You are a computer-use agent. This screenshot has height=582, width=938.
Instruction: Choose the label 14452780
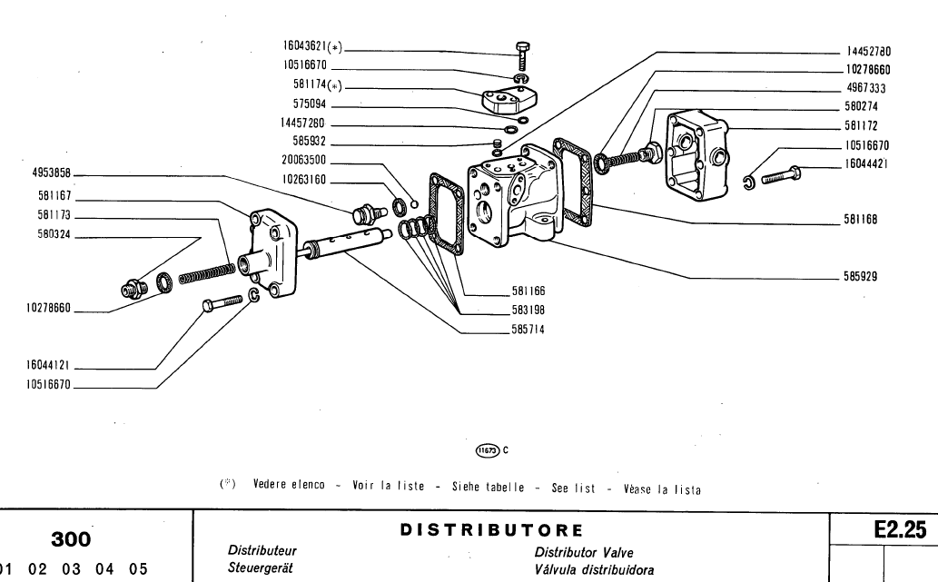[870, 53]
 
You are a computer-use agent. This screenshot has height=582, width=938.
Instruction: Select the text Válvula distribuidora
[596, 569]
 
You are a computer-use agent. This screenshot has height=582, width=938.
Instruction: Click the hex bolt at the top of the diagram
[522, 54]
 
